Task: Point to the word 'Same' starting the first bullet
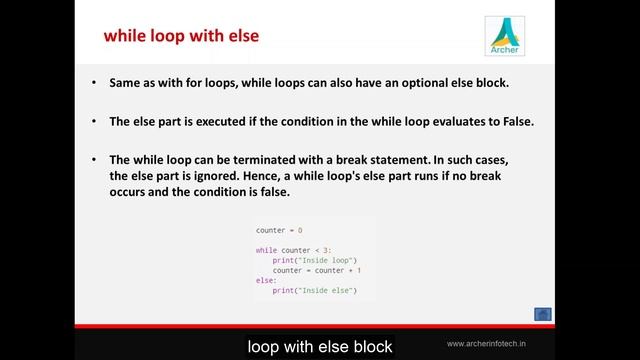[125, 82]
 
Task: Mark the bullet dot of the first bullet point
[93, 82]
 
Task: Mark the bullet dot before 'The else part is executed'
[93, 122]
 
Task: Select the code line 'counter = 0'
[279, 230]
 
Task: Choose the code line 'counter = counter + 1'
[316, 271]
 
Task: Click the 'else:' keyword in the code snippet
[265, 281]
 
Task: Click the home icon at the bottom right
[543, 315]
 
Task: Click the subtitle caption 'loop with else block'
[320, 346]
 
